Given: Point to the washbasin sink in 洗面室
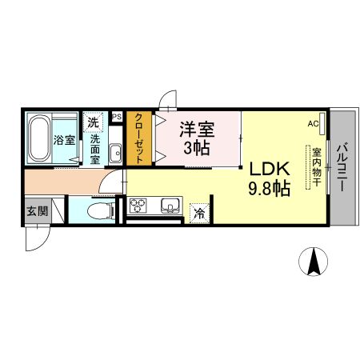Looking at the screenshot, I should click(x=114, y=152).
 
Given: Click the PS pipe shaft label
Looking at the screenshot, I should click(x=117, y=117).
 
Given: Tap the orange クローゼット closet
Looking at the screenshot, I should click(x=138, y=138).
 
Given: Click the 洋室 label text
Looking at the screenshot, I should click(x=198, y=128).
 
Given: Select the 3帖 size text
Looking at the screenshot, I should click(x=198, y=148).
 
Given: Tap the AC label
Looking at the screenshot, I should click(x=312, y=124).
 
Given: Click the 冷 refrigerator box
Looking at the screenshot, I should click(x=198, y=213).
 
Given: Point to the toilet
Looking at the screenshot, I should click(x=98, y=212).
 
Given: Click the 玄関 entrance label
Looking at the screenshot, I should click(x=35, y=212).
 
